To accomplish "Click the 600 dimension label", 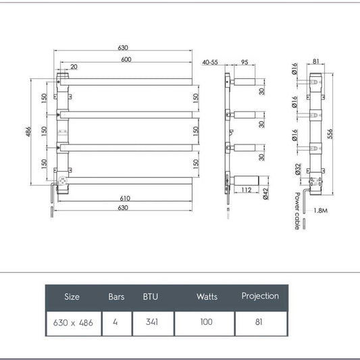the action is coord(126,59).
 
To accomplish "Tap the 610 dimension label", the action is coord(125,198).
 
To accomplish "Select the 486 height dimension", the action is coord(28,132).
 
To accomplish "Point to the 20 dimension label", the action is coord(74,67).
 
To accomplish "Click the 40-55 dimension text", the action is coord(210,62).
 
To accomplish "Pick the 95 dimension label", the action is coord(245,62).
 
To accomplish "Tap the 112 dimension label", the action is coord(247,190).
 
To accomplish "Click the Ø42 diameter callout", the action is coord(265,194).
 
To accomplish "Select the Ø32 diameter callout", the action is coord(298,170).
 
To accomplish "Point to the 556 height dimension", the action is coord(330,134).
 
